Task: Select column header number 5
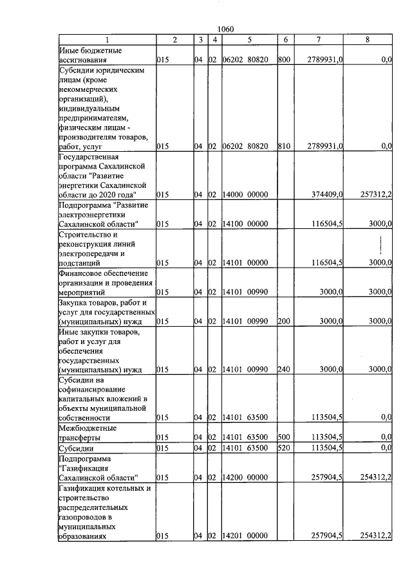point(249,40)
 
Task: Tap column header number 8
point(368,40)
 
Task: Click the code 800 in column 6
point(284,59)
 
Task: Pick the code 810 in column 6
point(284,147)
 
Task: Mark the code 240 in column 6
point(284,370)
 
